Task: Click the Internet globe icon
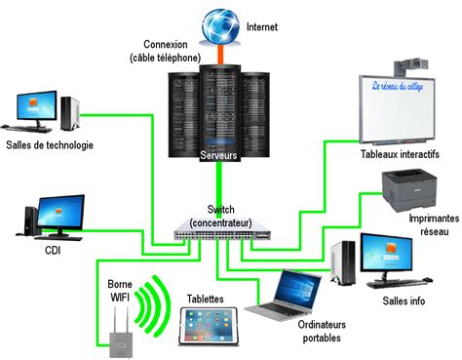219,23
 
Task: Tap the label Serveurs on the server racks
219,155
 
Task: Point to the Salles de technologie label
49,146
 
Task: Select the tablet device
209,327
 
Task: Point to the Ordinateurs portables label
320,331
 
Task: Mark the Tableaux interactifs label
400,154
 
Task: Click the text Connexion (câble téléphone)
172,51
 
